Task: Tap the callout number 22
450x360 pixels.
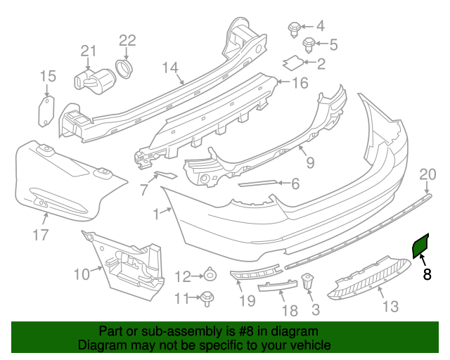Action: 127,40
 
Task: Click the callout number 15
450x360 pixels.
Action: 47,76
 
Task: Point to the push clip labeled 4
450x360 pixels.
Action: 295,29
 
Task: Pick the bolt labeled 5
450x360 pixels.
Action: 309,46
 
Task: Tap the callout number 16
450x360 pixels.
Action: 300,84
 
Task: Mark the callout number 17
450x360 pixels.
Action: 40,235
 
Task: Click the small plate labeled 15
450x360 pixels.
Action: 44,112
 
